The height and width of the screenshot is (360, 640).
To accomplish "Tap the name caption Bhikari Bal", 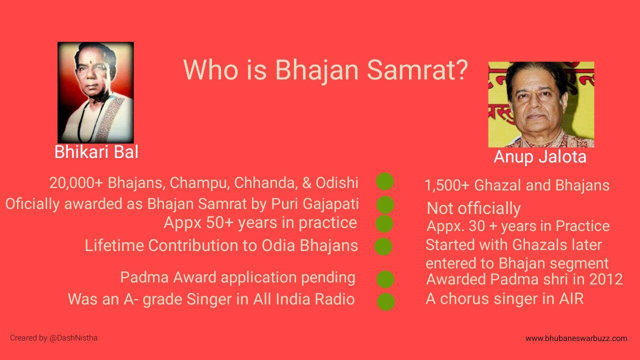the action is (96, 151).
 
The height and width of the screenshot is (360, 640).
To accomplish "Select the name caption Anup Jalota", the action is (540, 157).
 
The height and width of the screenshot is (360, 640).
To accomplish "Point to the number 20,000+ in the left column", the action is (76, 183).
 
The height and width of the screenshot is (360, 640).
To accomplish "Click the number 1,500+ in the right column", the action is (447, 185).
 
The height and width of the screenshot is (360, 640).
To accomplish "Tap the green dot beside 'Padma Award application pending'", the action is (385, 279).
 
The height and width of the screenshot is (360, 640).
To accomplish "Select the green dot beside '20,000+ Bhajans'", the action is (385, 181).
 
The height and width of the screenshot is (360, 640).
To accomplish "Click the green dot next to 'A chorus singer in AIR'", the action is (386, 301).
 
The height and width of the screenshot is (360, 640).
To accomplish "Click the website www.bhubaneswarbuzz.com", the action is (576, 338).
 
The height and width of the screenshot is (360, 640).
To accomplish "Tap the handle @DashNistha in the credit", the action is (73, 338).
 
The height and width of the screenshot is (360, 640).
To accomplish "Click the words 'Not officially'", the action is (473, 208).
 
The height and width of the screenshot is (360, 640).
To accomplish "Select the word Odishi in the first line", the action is (337, 183).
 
